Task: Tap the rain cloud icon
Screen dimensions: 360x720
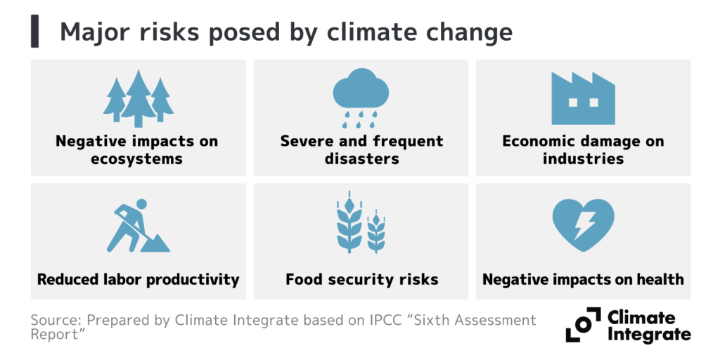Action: click(361, 98)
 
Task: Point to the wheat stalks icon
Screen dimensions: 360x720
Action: click(361, 226)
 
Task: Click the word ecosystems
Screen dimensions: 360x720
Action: click(137, 159)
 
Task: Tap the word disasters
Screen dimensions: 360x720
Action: click(361, 159)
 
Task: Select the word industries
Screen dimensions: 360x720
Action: click(583, 159)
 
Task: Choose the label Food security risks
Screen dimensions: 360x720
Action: click(361, 280)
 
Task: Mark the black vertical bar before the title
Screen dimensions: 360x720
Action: click(34, 32)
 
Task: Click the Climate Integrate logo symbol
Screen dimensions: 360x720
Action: click(583, 326)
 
